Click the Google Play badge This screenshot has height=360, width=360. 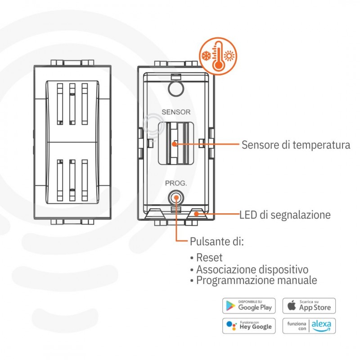coord(249,306)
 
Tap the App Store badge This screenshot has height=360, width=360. coord(309,306)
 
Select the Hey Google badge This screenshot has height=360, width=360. coord(249,325)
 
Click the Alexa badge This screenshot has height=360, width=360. coord(309,325)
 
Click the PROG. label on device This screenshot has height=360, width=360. coord(175,183)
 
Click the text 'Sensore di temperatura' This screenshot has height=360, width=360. coord(296,145)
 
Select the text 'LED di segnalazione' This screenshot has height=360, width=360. coord(285,215)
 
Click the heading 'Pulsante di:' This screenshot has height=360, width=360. coord(216,242)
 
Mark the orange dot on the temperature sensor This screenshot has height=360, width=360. coord(174,144)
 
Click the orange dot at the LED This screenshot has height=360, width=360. coord(196,215)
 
